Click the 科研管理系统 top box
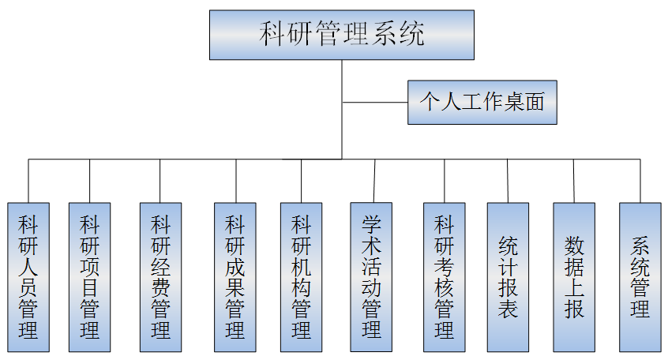[342, 35]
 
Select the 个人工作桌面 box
[482, 102]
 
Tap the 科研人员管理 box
[28, 276]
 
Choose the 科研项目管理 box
[89, 276]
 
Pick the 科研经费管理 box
[160, 276]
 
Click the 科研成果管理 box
[235, 276]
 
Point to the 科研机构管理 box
[301, 276]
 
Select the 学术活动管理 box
[372, 276]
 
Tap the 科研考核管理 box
[445, 276]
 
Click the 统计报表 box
[509, 276]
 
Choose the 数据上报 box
[574, 276]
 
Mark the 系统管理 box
[640, 276]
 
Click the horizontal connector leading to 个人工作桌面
[375, 102]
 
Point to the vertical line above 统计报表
[509, 181]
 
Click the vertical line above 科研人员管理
[28, 181]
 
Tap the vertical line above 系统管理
[640, 181]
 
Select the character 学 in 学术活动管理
[372, 224]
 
